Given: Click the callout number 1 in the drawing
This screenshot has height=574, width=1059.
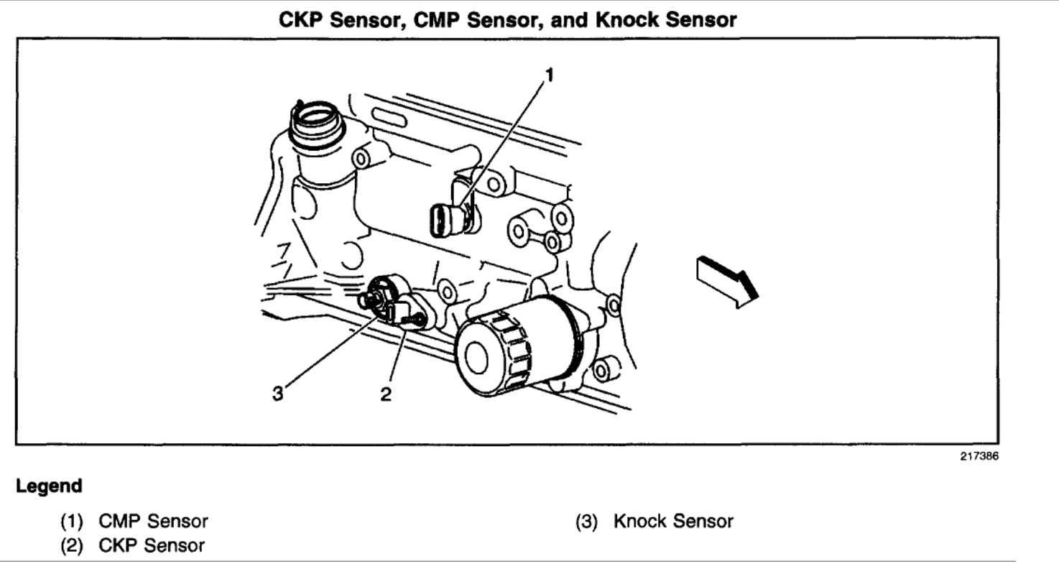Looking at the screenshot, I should coord(550,75).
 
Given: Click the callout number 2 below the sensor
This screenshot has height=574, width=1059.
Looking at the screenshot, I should coord(387,394).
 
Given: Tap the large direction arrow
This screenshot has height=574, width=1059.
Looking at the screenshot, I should coord(726,281).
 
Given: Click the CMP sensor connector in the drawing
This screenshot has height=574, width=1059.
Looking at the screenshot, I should coord(444,218).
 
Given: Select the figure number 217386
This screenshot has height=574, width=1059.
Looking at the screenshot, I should coord(979,457).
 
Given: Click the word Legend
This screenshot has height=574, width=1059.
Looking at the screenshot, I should coord(49,486).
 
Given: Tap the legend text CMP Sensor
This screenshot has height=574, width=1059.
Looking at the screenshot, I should coord(153,521).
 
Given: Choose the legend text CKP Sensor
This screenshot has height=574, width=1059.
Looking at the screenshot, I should coord(152,545).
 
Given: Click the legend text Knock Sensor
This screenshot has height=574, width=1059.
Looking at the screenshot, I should coord(673,521).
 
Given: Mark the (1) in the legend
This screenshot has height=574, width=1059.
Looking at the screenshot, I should coord(72,521).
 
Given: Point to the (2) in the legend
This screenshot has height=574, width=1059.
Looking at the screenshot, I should coord(72,545).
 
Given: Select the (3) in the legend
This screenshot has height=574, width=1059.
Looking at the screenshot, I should coord(586,521).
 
